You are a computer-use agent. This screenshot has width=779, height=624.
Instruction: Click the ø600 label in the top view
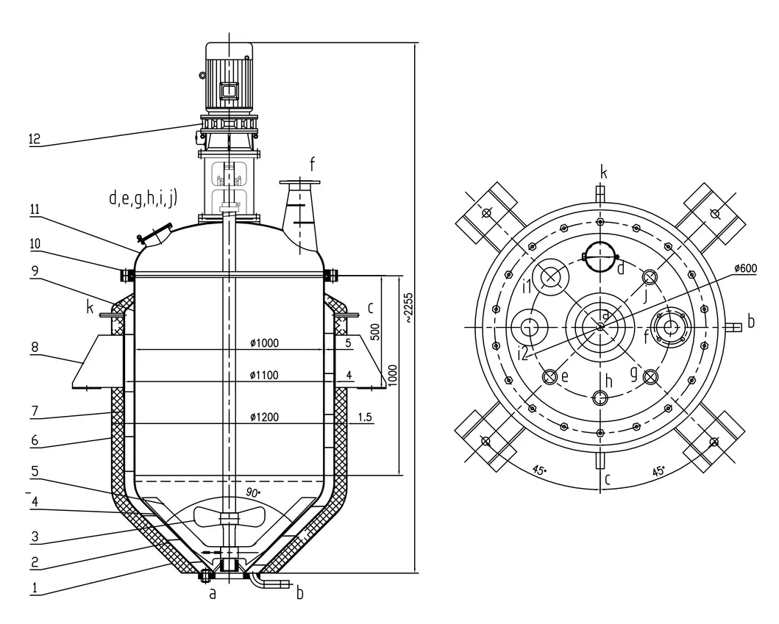click(746, 268)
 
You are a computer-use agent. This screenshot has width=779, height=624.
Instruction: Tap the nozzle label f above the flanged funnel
click(311, 163)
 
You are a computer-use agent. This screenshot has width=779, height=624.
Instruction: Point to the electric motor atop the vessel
click(227, 77)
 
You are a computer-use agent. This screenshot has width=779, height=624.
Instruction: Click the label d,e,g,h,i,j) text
click(143, 198)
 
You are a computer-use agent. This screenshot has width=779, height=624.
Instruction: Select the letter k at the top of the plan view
click(603, 173)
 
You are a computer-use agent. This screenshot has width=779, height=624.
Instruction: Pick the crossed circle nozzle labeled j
click(650, 277)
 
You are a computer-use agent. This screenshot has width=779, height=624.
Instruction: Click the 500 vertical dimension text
click(374, 331)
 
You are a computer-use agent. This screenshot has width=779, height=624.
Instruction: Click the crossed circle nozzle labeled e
click(549, 376)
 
